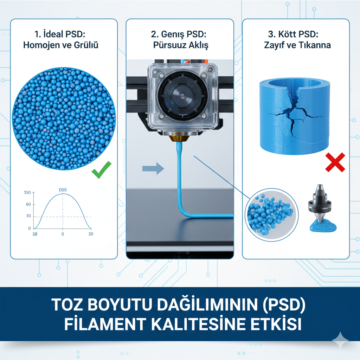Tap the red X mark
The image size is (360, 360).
[x=335, y=162]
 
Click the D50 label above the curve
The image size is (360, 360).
[x=63, y=190]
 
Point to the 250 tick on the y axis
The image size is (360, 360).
[x=27, y=192]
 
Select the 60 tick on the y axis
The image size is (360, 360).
[x=28, y=204]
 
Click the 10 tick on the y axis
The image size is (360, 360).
[x=28, y=216]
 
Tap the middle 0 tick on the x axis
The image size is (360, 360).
[x=63, y=234]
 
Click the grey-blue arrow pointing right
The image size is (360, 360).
[x=153, y=169]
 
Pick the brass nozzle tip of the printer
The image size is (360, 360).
[x=179, y=139]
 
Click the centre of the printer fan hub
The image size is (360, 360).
[x=182, y=95]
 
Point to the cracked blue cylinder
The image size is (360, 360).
[x=295, y=116]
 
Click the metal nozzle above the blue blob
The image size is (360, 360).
[x=320, y=202]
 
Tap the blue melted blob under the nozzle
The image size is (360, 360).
[x=323, y=225]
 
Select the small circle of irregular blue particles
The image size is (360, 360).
[x=272, y=215]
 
